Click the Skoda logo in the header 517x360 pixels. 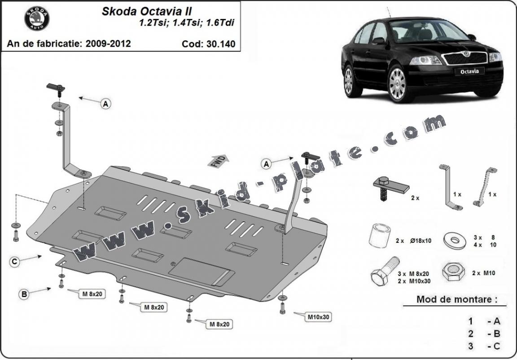click(x=37, y=18)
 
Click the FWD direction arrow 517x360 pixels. click(x=219, y=161)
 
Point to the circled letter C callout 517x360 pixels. click(x=15, y=262)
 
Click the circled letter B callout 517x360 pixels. click(x=24, y=294)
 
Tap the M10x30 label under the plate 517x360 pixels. click(x=319, y=317)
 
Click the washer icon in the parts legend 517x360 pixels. click(x=454, y=239)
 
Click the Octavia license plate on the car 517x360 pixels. click(x=469, y=71)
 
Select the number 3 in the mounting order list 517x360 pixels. click(x=471, y=346)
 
